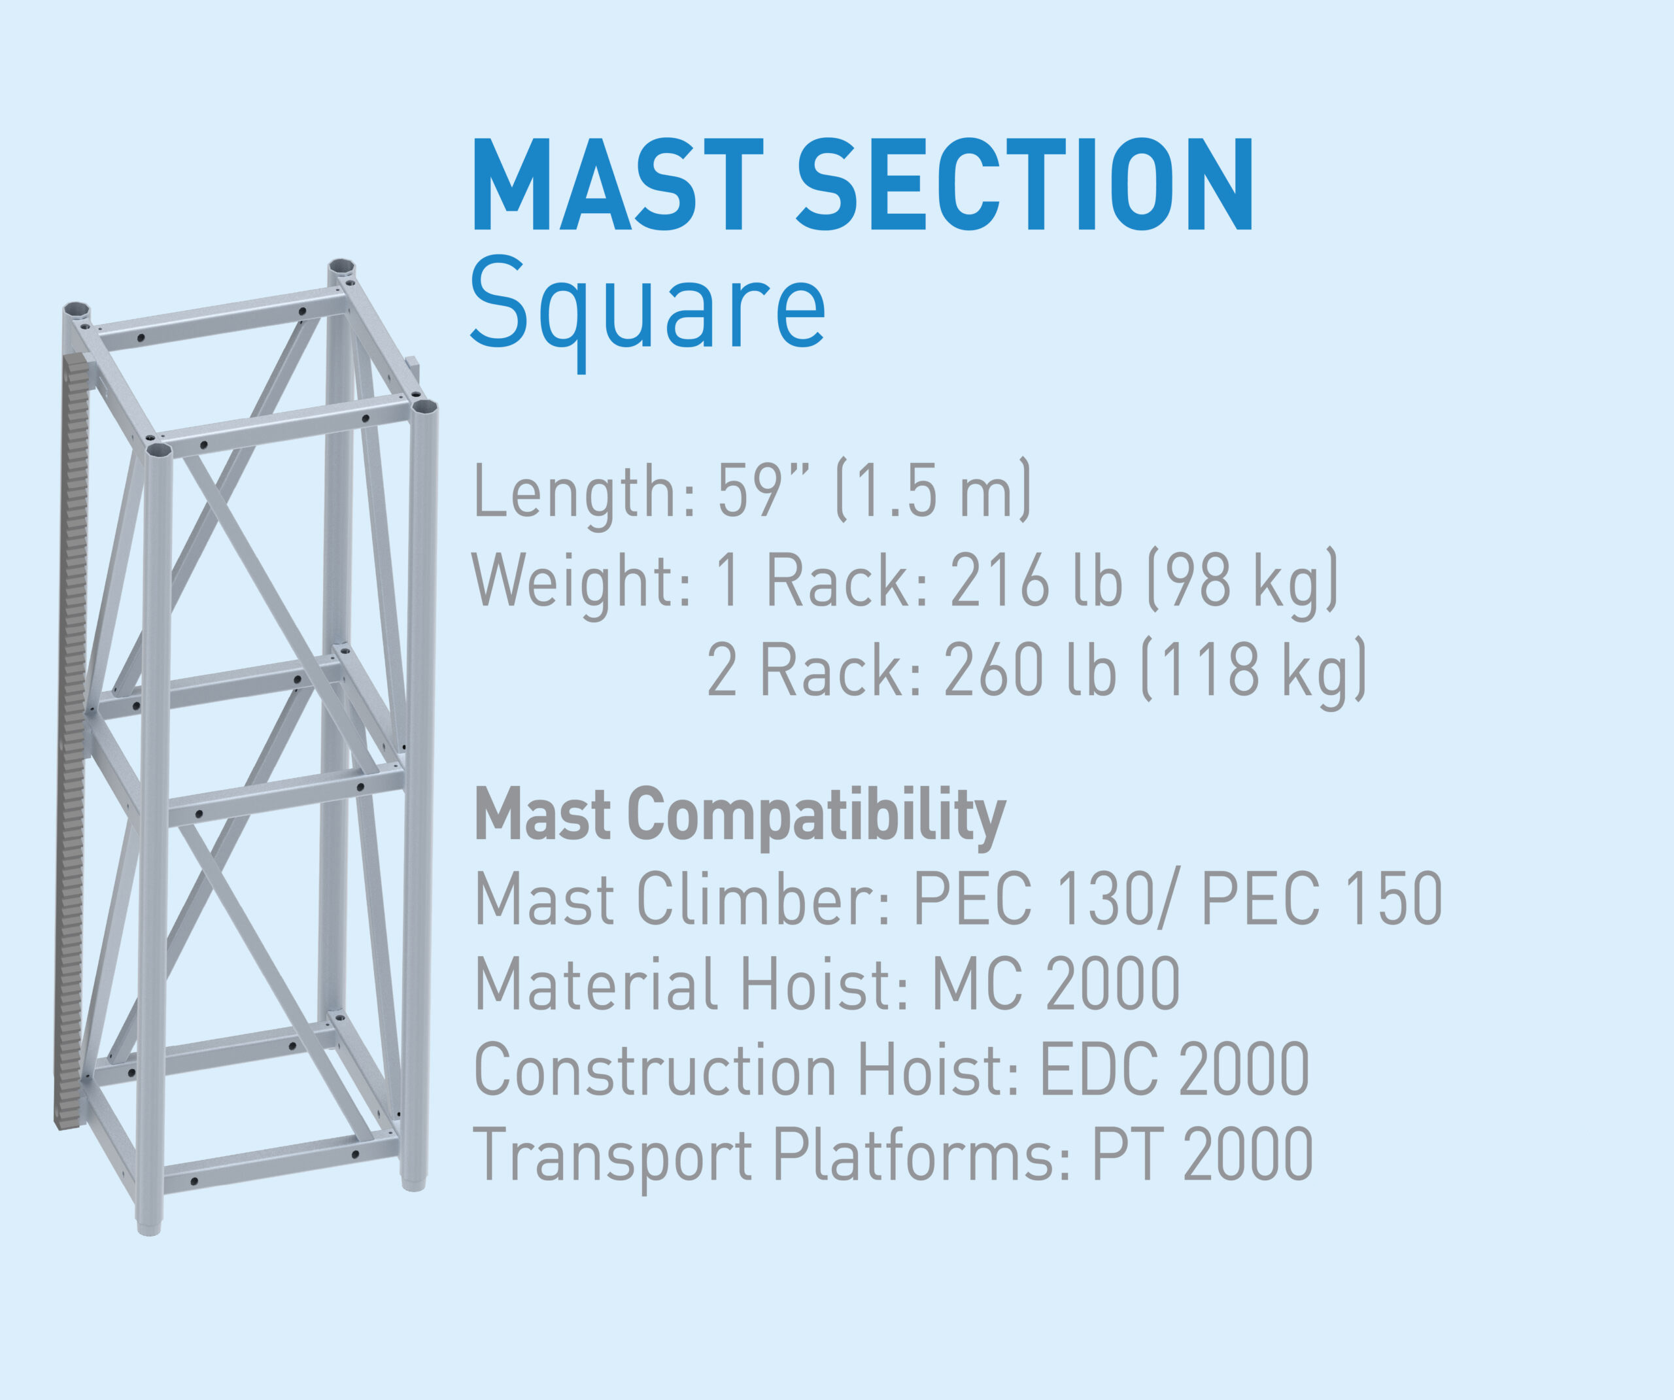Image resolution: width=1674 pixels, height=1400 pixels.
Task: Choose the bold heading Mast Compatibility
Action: (740, 815)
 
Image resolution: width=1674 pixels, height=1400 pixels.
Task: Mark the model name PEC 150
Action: (1322, 898)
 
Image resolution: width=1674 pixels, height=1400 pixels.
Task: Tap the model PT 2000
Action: (1202, 1153)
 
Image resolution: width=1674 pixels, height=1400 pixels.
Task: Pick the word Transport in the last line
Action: (613, 1157)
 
